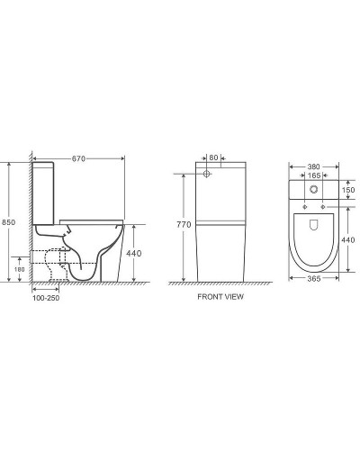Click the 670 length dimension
pos(78,158)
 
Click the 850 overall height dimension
pos(8,222)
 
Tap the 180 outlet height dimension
pos(20,269)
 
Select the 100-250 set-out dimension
pos(46,298)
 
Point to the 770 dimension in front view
pos(184,224)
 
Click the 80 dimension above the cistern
pos(213,157)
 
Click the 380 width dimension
pos(314,166)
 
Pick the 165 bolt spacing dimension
pos(314,175)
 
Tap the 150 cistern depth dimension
pos(348,190)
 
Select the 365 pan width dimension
pos(314,278)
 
